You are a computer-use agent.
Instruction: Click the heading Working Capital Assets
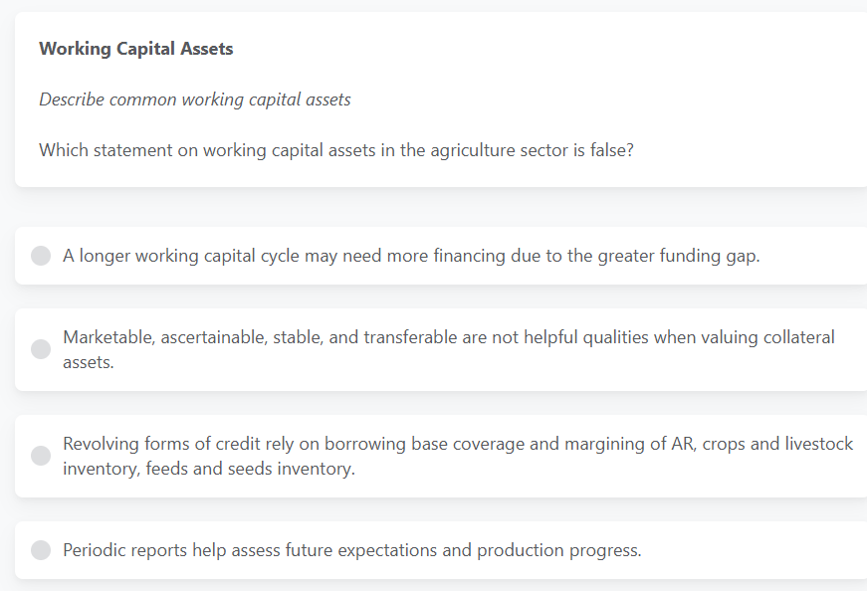(x=135, y=49)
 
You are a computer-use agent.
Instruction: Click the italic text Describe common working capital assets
(x=194, y=99)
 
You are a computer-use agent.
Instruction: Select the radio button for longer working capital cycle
(x=41, y=256)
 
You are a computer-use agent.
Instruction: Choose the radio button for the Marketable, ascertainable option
(x=41, y=349)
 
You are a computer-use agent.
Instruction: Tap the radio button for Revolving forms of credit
(x=41, y=456)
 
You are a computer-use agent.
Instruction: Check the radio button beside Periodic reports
(x=41, y=550)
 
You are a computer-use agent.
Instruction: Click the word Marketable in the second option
(x=108, y=337)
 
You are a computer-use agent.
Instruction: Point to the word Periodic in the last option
(x=96, y=550)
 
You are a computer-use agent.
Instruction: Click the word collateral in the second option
(x=799, y=337)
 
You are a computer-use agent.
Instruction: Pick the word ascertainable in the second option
(x=227, y=337)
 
